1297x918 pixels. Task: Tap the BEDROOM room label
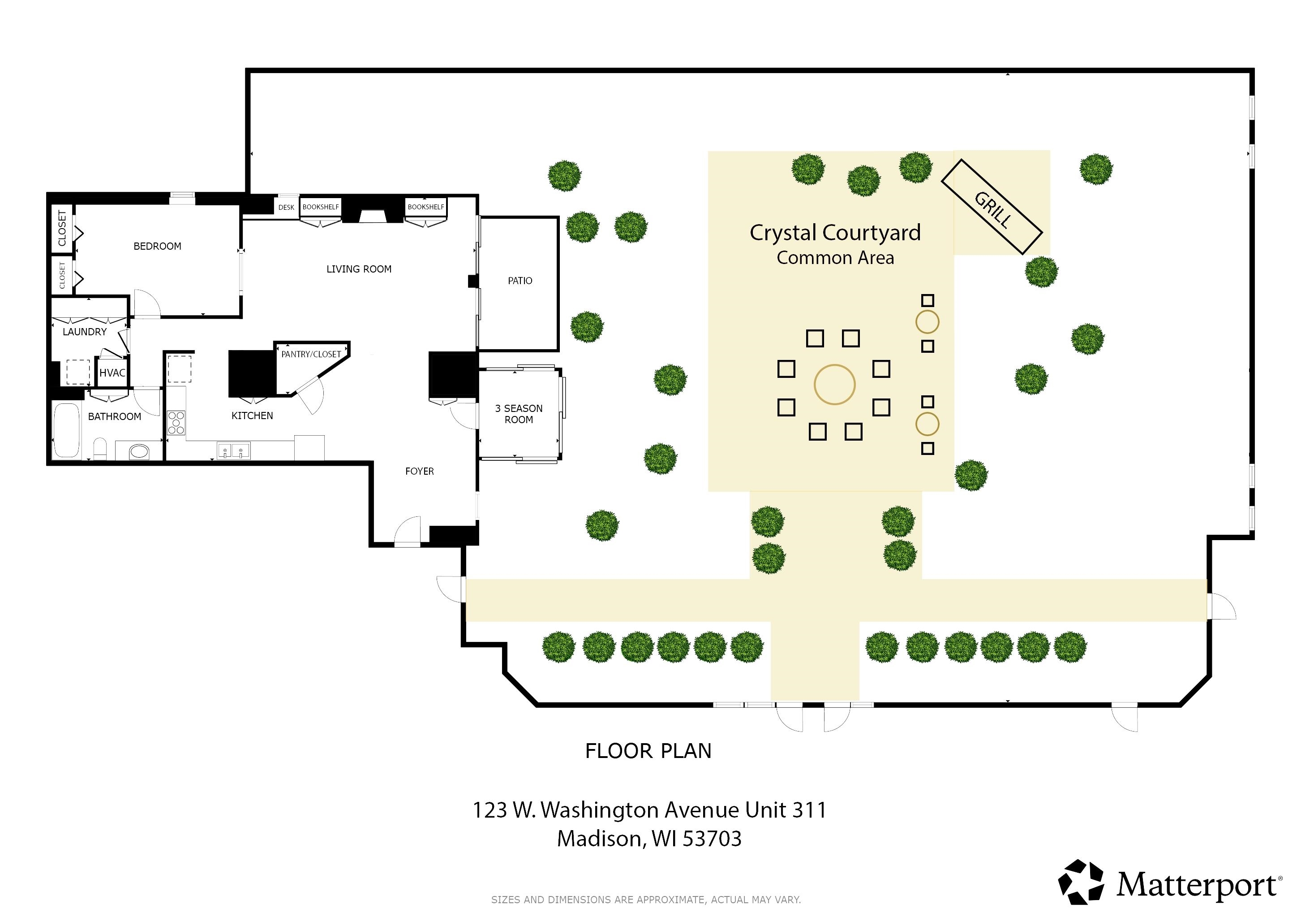tap(157, 247)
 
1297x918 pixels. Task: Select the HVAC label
tap(112, 373)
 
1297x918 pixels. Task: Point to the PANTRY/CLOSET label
tap(311, 355)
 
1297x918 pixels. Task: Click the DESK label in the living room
tap(286, 208)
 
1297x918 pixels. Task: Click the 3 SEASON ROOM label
tap(519, 414)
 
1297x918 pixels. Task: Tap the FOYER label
tap(419, 472)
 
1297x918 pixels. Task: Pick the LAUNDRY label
tap(84, 332)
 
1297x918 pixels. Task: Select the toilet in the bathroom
tap(100, 448)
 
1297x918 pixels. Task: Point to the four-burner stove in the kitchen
tap(176, 423)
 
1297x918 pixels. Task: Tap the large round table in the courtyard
tap(834, 385)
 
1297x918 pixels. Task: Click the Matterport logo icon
tap(1081, 883)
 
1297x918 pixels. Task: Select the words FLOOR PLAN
tap(648, 751)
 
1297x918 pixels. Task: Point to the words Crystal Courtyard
tap(834, 233)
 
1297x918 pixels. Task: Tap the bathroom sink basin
tap(138, 451)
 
